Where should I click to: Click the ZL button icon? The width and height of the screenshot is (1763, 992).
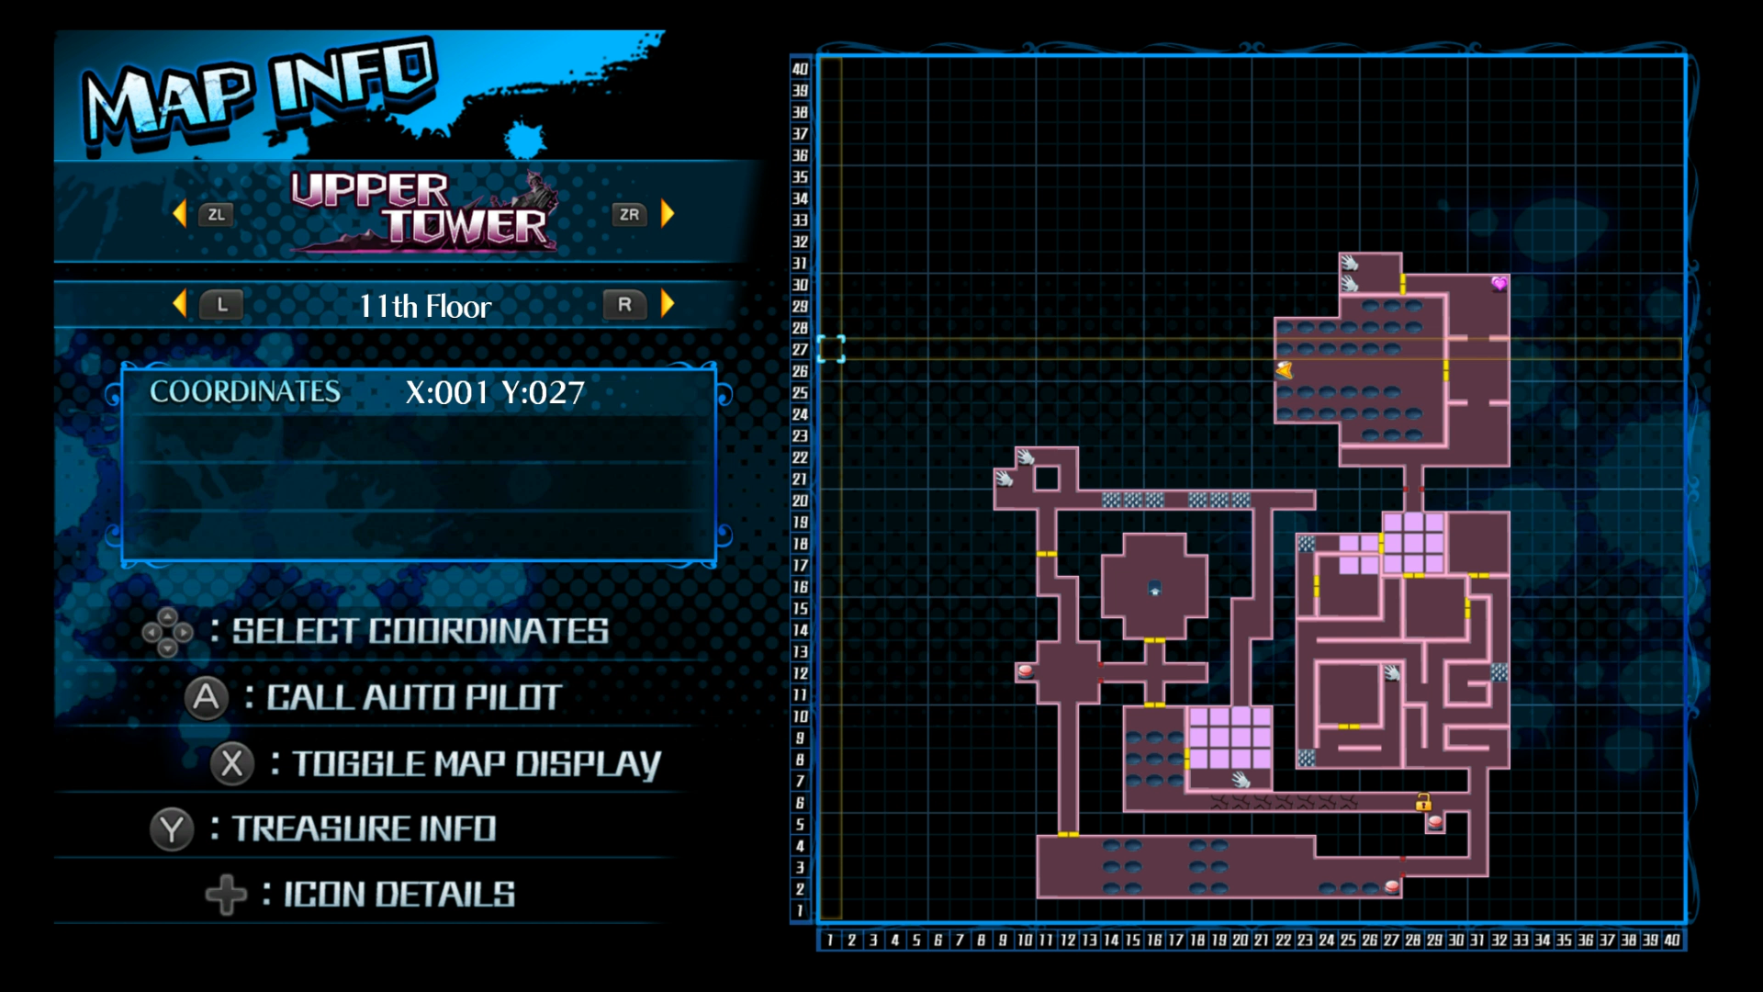tap(216, 215)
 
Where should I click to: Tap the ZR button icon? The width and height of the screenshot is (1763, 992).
tap(629, 215)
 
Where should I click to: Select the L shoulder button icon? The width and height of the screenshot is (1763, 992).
tap(221, 305)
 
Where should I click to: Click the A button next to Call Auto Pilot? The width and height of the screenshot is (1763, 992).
tap(207, 698)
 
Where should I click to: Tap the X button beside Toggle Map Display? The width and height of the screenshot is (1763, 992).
tap(232, 763)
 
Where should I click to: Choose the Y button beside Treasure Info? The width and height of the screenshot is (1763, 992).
tap(172, 829)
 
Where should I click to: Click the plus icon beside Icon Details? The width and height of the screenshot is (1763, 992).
tap(226, 895)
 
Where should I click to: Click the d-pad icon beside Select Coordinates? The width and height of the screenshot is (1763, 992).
tap(167, 632)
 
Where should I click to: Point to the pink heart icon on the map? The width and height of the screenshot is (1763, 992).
tap(1499, 284)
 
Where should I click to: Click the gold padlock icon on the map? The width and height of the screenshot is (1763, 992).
tap(1423, 802)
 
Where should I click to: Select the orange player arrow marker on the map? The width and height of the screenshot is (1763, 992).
tap(1284, 370)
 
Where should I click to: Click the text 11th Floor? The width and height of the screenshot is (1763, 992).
tap(425, 306)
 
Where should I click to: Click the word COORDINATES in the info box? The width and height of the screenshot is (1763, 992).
tap(245, 392)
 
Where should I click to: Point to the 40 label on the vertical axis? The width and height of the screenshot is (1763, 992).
tap(800, 69)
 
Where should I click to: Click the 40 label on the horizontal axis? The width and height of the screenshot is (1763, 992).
tap(1671, 940)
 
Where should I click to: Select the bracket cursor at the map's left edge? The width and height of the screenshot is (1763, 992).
tap(831, 349)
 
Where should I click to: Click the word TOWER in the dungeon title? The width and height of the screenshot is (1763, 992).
tap(465, 226)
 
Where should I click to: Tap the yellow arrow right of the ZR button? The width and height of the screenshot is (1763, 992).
tap(668, 214)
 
